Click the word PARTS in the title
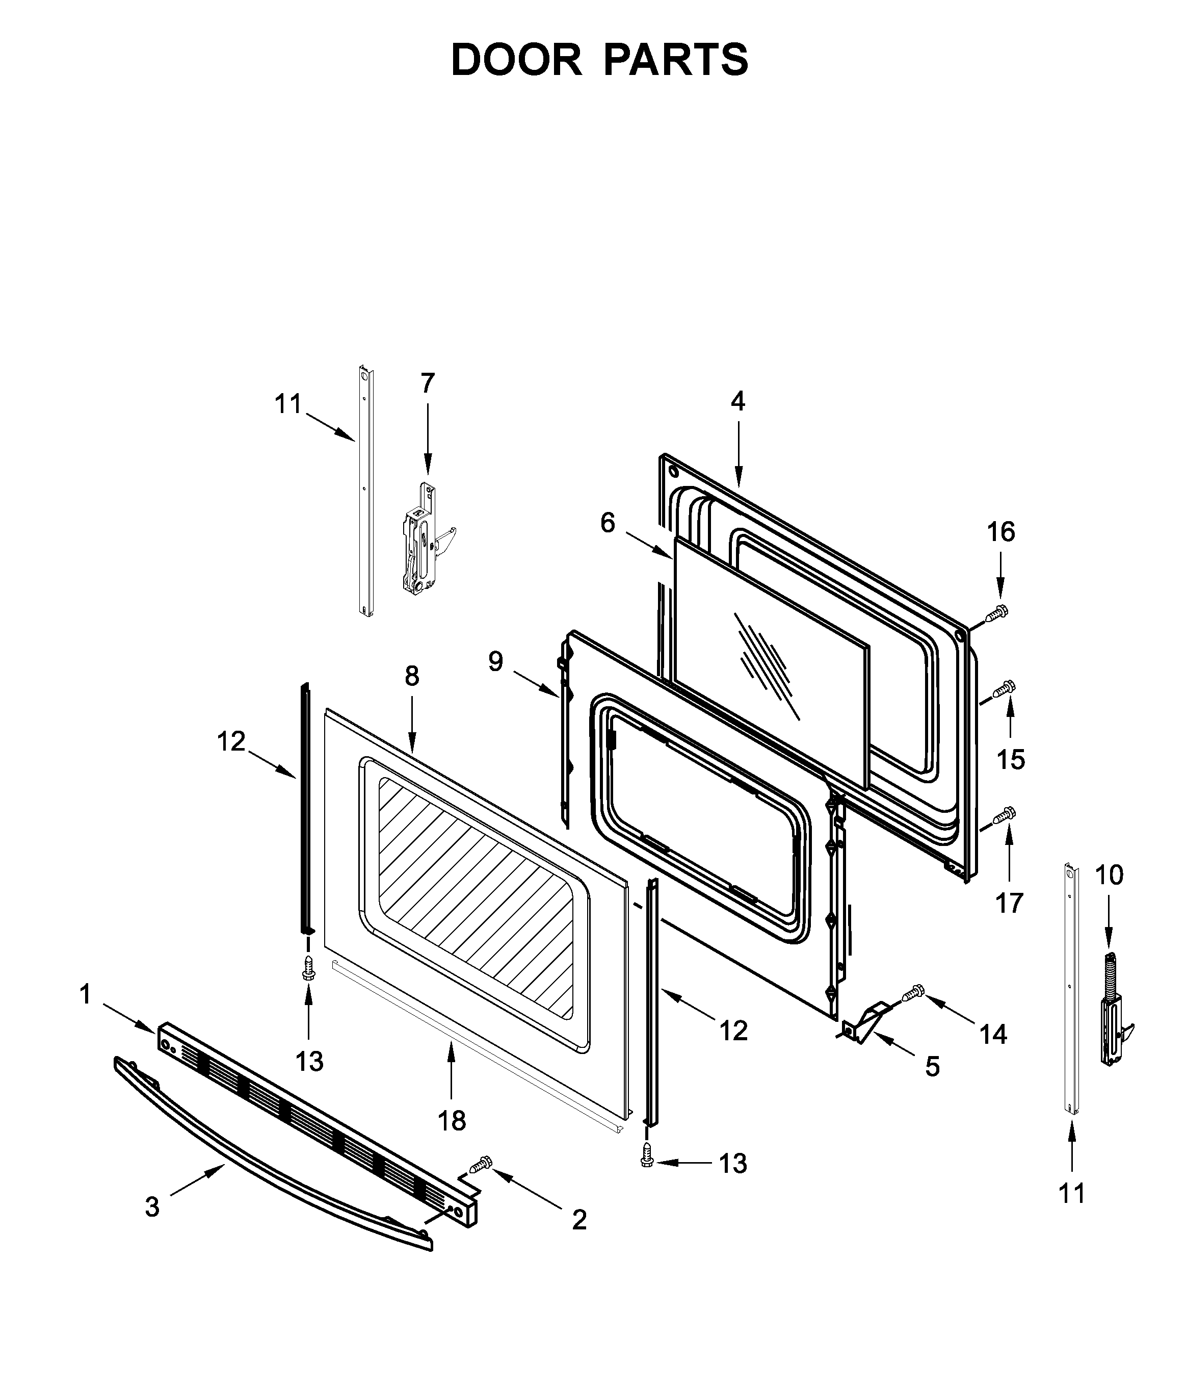(x=676, y=60)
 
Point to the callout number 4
(x=737, y=401)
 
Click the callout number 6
(x=608, y=523)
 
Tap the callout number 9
(x=495, y=661)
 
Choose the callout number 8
(x=412, y=676)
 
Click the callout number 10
(x=1109, y=875)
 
